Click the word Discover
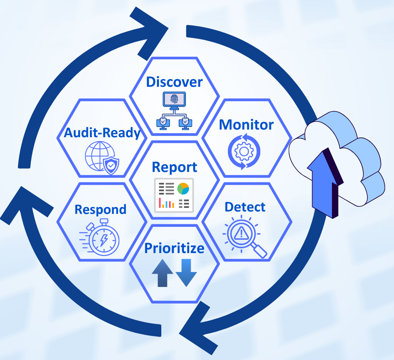(174, 82)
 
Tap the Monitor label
(246, 124)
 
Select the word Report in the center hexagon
(174, 167)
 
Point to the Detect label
(245, 207)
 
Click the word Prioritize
(174, 248)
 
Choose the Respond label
(100, 209)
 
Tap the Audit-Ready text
(102, 132)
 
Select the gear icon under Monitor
(244, 152)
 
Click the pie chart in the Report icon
(183, 188)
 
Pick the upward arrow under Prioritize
(162, 273)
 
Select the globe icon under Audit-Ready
(97, 156)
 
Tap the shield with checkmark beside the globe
(111, 165)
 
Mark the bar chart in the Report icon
(166, 203)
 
